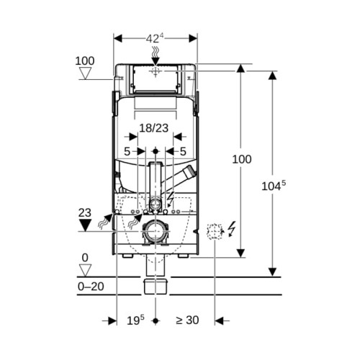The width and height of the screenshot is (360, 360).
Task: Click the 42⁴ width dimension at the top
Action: [x=155, y=38]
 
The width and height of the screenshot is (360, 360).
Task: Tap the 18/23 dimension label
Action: [x=154, y=128]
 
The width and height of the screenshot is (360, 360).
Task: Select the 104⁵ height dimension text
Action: [x=274, y=186]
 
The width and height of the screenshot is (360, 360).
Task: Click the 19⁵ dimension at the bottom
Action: [x=135, y=320]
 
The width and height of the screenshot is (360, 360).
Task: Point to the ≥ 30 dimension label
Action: [x=187, y=320]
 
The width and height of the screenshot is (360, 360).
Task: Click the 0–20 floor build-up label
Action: [x=91, y=287]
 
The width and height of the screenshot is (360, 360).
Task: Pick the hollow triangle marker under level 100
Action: [x=86, y=73]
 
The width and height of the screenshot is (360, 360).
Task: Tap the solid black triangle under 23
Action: [x=86, y=225]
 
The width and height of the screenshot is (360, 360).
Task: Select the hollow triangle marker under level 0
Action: [x=86, y=271]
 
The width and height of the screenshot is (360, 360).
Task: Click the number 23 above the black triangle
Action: [x=85, y=213]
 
